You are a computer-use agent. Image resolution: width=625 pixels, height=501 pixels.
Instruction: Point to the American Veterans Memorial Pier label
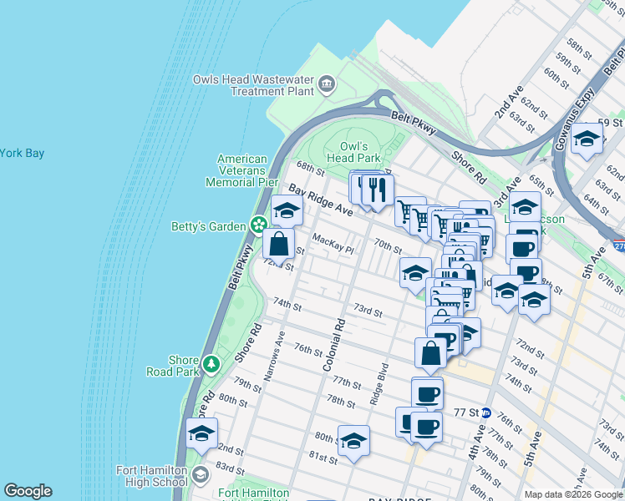tap(241, 170)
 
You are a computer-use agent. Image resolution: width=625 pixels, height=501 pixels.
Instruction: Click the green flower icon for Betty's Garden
tap(260, 225)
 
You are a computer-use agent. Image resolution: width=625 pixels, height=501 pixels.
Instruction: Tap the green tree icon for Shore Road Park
tap(212, 364)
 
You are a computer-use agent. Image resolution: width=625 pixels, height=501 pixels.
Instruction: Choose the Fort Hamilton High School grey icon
tap(200, 476)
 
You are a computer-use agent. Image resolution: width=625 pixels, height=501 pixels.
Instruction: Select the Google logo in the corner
tap(28, 491)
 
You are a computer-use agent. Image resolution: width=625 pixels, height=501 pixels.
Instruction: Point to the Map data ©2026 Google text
tap(572, 494)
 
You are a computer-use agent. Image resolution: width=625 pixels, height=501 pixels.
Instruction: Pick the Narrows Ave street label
tap(276, 356)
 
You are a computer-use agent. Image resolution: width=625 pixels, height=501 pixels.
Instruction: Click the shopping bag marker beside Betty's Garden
tap(279, 244)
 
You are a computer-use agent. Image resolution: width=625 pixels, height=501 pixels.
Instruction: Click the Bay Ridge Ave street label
tap(321, 200)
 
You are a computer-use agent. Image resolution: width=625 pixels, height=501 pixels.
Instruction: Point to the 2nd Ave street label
tap(507, 100)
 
